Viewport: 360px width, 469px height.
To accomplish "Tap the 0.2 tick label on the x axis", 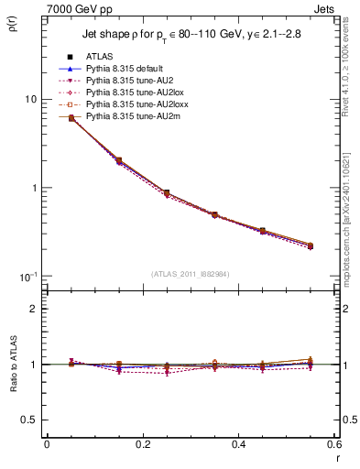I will pos(142,444).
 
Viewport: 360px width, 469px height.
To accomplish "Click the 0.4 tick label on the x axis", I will pos(238,444).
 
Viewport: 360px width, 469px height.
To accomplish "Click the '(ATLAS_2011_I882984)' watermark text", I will pos(190,274).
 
